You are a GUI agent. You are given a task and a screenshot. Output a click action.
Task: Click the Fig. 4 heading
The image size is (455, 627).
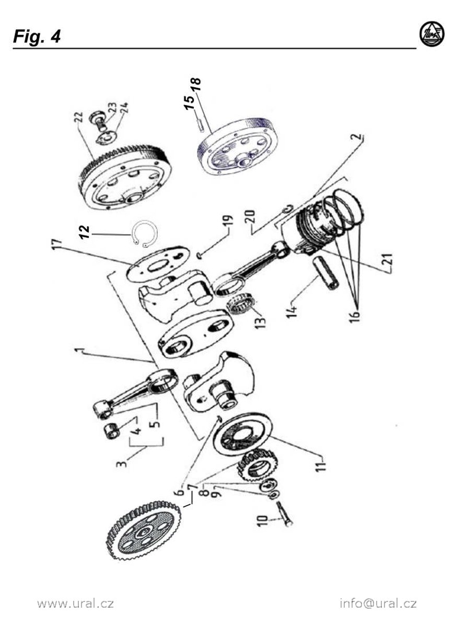click(x=37, y=37)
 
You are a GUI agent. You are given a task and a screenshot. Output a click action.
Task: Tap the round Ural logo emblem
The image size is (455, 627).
click(x=432, y=34)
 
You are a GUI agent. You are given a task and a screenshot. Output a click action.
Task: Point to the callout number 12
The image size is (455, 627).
click(x=84, y=232)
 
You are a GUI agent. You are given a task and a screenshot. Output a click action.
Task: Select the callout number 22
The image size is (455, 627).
click(x=80, y=118)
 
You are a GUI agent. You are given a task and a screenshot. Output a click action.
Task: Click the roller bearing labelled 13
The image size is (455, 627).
click(x=242, y=305)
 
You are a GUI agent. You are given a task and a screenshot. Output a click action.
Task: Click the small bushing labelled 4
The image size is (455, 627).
click(x=112, y=432)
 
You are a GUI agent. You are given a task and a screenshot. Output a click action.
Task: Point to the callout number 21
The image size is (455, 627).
click(x=388, y=259)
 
